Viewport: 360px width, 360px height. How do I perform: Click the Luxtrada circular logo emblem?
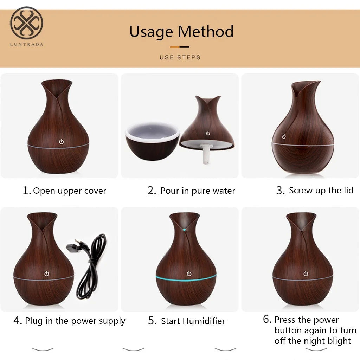26,24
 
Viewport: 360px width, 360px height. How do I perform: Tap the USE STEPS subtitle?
180,57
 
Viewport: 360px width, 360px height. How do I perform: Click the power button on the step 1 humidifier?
61,142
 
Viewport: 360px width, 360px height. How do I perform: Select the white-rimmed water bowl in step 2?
152,141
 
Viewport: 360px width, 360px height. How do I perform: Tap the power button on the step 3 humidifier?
284,137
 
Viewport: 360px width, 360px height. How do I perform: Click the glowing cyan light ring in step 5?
186,278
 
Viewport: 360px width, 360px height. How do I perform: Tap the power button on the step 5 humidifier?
189,274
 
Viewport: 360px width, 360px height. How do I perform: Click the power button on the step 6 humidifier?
306,274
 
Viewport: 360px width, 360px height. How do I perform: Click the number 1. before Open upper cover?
27,191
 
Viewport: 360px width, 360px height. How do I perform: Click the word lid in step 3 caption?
348,191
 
